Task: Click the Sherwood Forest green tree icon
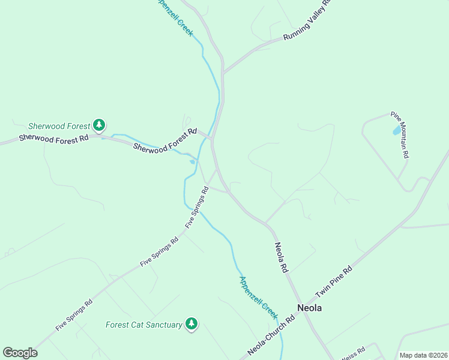click(99, 125)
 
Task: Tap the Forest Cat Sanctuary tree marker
click(191, 324)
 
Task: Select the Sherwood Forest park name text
click(59, 126)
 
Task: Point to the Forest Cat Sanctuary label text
click(144, 325)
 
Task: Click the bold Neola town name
click(310, 308)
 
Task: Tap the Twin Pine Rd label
click(334, 280)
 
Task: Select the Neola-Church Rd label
click(271, 336)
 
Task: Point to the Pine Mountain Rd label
click(400, 134)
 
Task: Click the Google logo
click(20, 353)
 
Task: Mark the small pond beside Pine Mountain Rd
click(396, 130)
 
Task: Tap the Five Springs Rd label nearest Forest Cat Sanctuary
click(74, 315)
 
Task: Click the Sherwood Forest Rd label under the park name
click(53, 137)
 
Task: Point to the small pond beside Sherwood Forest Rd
click(192, 161)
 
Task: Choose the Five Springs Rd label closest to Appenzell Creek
click(197, 207)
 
